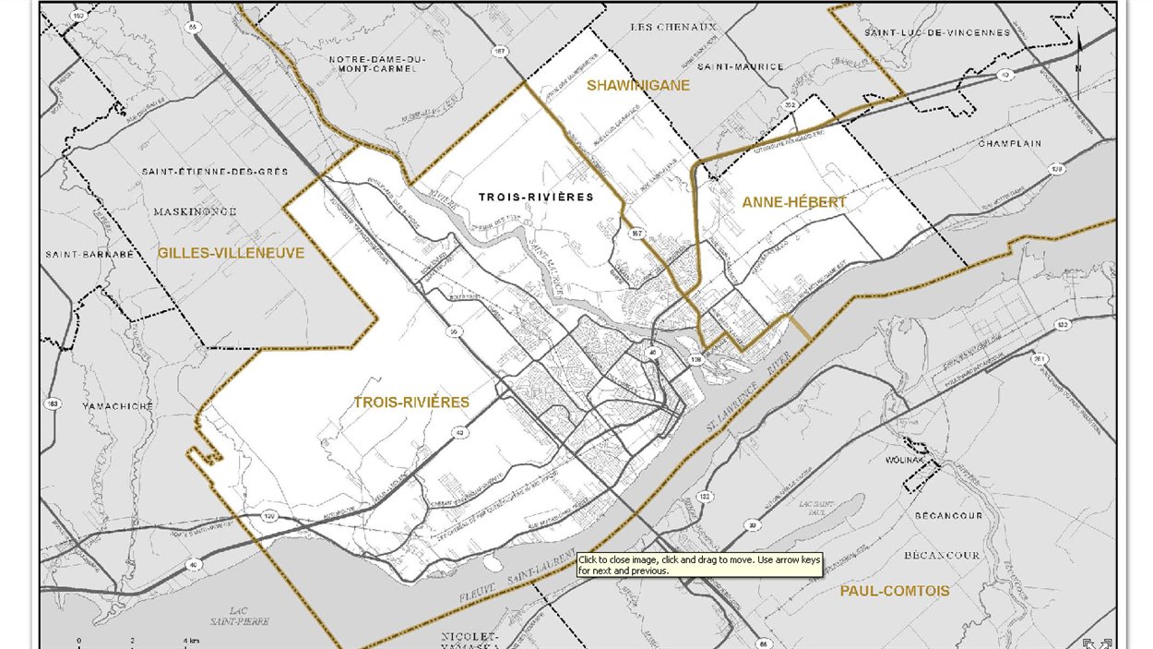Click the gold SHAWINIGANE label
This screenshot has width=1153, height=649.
(638, 85)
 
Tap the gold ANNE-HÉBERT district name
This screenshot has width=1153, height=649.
(793, 202)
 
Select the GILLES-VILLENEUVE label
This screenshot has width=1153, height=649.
(231, 252)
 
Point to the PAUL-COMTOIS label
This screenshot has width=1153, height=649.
(894, 590)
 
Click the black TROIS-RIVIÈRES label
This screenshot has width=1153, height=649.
(536, 197)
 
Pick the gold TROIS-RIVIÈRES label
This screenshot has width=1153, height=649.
(411, 403)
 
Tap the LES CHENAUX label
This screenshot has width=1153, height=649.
(673, 28)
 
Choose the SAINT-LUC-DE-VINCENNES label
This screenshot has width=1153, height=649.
(936, 33)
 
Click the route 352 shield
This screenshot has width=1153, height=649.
(790, 106)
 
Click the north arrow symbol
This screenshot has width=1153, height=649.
(1079, 55)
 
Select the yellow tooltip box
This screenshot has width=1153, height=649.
(698, 565)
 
